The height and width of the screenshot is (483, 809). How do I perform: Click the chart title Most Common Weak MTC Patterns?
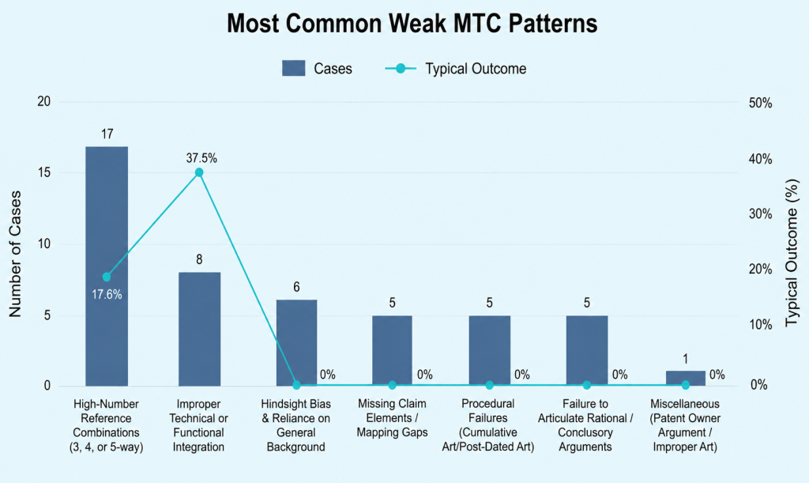pos(412,23)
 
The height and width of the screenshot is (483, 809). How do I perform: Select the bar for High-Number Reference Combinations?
pos(107,266)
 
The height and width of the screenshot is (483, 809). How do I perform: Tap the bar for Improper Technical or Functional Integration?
pos(199,329)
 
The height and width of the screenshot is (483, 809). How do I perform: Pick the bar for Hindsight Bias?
pos(297,342)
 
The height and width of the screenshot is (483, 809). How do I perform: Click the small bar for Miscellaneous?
pos(685,378)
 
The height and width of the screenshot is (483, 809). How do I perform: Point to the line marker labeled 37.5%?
pos(199,172)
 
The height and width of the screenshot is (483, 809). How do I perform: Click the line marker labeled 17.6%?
pos(107,277)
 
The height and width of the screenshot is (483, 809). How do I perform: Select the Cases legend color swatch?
pos(294,69)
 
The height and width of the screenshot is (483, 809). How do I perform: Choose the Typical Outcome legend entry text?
pos(476,69)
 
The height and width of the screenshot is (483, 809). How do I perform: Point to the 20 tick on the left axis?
pos(44,102)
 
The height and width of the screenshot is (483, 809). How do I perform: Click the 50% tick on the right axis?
pos(761,104)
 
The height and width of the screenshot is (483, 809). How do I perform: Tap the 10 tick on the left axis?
pos(44,244)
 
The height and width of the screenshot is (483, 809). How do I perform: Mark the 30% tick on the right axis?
pos(761,214)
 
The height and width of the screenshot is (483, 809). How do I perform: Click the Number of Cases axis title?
pos(15,254)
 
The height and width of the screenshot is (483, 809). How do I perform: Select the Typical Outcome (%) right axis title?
pos(792,253)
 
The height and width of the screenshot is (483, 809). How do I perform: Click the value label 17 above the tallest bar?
pos(107,134)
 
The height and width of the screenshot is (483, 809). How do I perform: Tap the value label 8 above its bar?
pos(199,259)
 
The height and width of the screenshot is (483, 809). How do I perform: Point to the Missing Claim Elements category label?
pos(392,418)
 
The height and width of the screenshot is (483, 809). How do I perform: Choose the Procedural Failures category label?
pos(488,425)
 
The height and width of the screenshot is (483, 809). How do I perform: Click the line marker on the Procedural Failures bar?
pos(490,385)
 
